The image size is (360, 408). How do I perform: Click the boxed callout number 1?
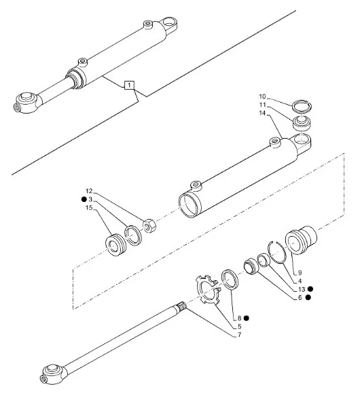(129, 85)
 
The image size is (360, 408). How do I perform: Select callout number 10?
(262, 97)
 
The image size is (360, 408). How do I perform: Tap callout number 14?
(262, 113)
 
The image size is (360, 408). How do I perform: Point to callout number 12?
(89, 191)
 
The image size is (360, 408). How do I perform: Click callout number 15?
(89, 207)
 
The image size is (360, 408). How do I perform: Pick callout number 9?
(300, 273)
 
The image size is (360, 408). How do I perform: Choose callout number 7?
(239, 335)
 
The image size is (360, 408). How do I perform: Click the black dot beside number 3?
(84, 199)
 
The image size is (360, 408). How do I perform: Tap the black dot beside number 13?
(310, 289)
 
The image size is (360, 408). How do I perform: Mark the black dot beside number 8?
(247, 318)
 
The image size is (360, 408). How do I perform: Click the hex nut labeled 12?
(149, 226)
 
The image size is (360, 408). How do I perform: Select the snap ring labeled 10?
(302, 106)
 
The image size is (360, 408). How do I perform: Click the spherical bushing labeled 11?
(302, 122)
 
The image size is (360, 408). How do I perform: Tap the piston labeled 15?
(115, 245)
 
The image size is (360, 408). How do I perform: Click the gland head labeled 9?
(301, 239)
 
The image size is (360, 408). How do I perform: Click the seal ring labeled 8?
(230, 279)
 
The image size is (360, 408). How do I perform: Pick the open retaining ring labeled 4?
(277, 252)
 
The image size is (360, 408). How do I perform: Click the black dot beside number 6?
(308, 297)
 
